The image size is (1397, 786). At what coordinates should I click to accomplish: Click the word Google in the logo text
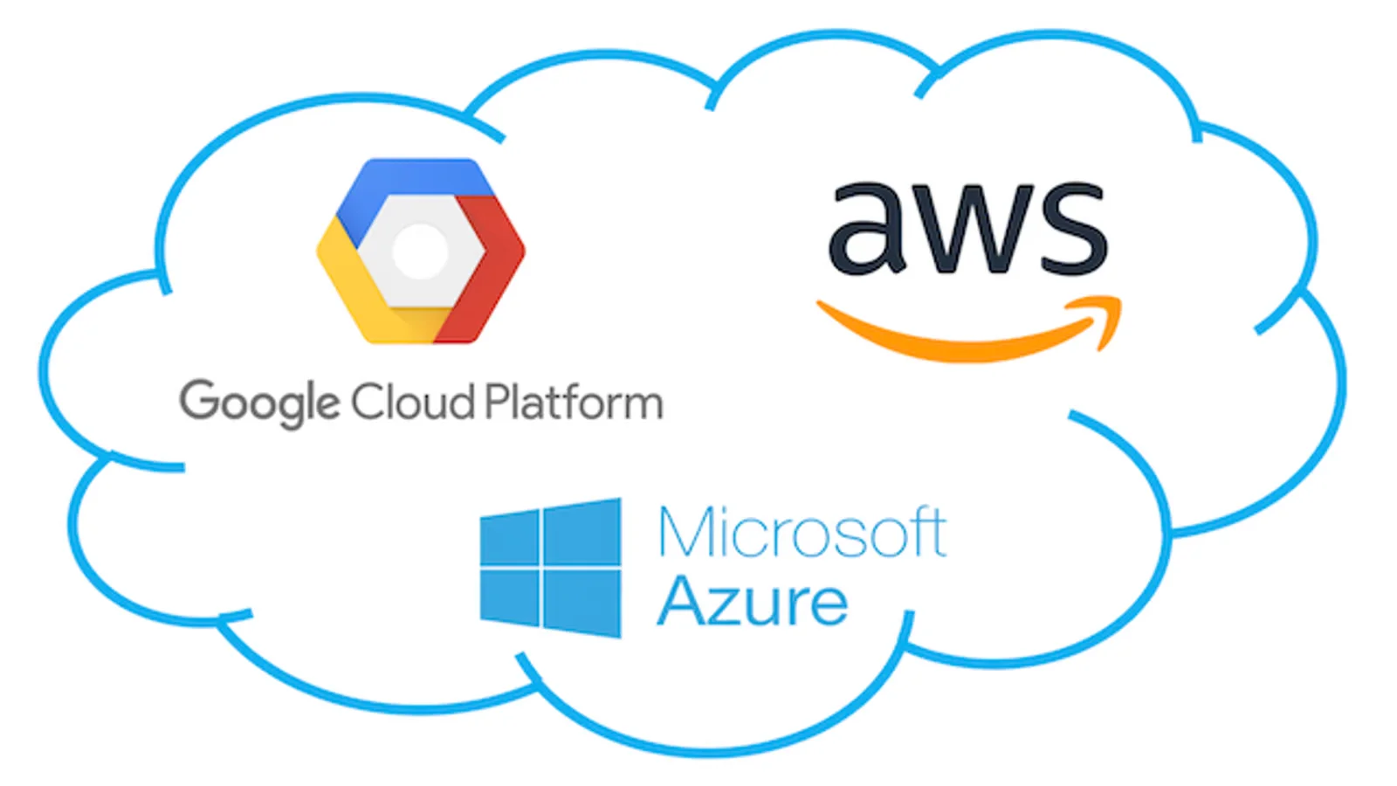click(259, 403)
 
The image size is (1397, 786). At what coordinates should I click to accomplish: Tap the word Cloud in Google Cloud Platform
click(412, 402)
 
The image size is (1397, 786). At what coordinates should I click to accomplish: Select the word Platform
click(574, 402)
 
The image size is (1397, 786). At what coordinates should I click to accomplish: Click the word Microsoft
click(802, 532)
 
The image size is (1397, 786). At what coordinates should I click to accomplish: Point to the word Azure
click(752, 602)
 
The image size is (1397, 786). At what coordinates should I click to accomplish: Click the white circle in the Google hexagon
click(420, 251)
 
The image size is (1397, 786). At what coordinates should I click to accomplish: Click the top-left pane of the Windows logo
click(509, 537)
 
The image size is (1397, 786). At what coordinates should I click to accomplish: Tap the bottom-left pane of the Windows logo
click(509, 596)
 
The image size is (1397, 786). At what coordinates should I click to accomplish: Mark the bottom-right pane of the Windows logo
click(582, 603)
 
